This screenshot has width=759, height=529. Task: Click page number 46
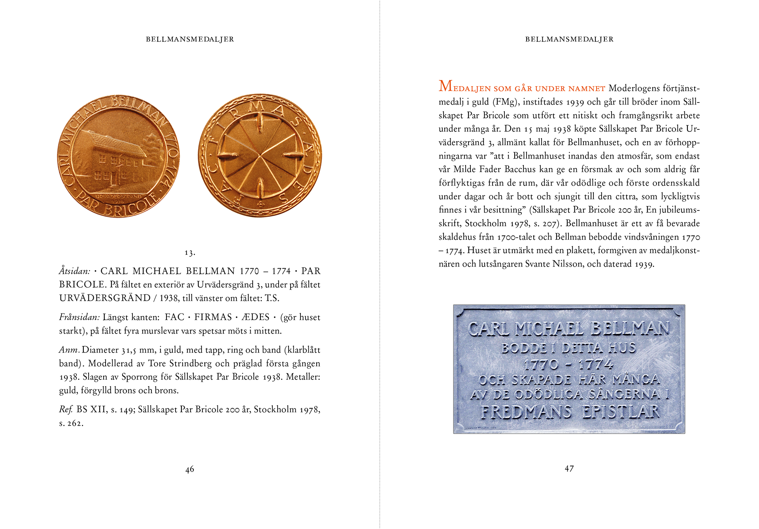tap(190, 469)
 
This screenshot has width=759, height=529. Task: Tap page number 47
tap(569, 469)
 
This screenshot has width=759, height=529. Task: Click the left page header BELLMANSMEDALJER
tap(190, 39)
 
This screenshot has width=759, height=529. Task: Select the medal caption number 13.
tap(190, 252)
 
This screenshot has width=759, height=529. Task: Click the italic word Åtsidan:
tap(75, 271)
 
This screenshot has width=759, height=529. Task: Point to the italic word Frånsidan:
tap(79, 317)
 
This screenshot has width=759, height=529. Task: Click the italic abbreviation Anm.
tap(70, 350)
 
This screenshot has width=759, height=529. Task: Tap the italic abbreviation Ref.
tap(66, 410)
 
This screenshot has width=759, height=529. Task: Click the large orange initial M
tap(446, 86)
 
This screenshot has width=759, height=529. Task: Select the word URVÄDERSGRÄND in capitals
tap(105, 298)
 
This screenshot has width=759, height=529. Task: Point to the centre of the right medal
tap(260, 155)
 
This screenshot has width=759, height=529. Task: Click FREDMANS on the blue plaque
tap(526, 412)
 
